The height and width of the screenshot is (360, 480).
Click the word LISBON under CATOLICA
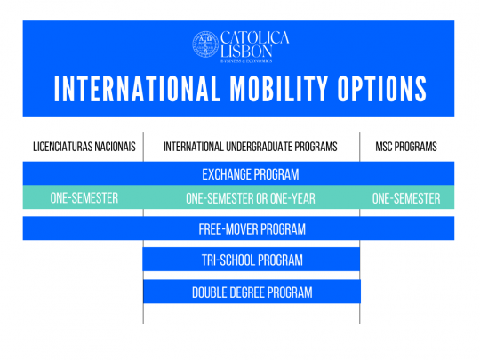(246, 52)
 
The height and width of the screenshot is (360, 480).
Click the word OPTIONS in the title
(382, 91)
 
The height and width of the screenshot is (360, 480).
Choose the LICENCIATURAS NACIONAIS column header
(84, 147)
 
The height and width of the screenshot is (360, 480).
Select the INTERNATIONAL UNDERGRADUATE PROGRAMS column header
(251, 147)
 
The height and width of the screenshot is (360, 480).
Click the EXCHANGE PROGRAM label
(251, 173)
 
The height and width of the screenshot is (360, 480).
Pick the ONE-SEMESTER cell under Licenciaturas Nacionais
(84, 198)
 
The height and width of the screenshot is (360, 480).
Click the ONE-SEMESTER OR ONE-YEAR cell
(251, 198)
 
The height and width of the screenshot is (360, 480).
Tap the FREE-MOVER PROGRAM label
(252, 229)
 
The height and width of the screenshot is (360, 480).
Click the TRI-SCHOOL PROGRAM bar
(252, 260)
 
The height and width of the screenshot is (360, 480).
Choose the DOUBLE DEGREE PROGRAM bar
(252, 292)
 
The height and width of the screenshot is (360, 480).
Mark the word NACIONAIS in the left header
(113, 147)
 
